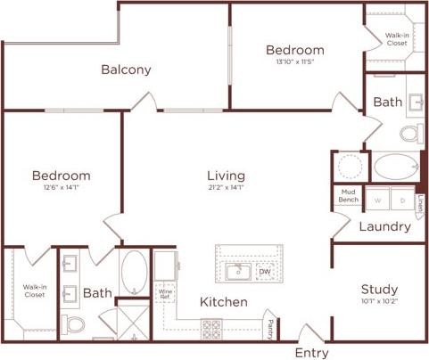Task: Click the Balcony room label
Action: [x=126, y=70]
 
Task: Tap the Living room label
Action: [x=226, y=176]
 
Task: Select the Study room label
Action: [x=379, y=290]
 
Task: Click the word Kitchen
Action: [x=223, y=302]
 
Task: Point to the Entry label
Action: [x=311, y=352]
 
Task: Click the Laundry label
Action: [x=384, y=226]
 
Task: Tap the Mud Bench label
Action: [x=348, y=196]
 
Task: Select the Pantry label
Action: [x=270, y=328]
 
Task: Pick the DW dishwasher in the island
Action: [x=265, y=272]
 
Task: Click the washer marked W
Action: [x=376, y=200]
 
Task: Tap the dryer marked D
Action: [x=401, y=200]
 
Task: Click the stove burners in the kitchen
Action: [x=212, y=327]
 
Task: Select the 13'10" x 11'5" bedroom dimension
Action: [x=295, y=62]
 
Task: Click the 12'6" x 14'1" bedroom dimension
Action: [x=62, y=188]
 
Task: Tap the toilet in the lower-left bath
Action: [x=74, y=323]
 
